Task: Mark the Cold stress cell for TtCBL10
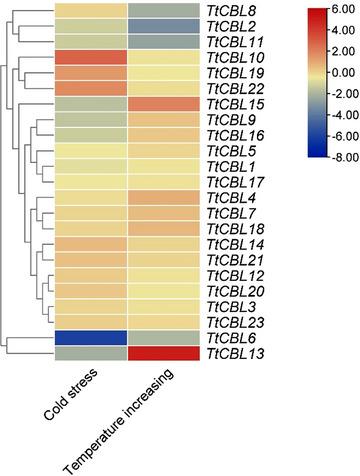[x=90, y=57]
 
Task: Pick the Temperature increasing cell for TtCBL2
[x=166, y=26]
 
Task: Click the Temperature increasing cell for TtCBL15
[x=166, y=104]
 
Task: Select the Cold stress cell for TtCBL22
[x=90, y=88]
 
